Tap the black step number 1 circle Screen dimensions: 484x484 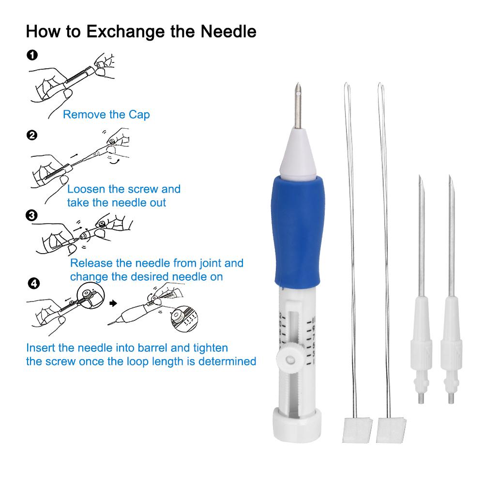[32, 55]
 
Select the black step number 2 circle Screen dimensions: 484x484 [32, 135]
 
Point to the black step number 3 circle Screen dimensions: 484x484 [31, 215]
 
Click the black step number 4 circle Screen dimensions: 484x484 [34, 283]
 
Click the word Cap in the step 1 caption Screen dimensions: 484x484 [139, 115]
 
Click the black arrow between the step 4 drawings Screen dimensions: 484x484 [113, 303]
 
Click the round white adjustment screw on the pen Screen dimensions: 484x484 [289, 359]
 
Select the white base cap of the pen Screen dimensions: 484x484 [297, 425]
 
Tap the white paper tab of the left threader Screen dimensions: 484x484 [357, 430]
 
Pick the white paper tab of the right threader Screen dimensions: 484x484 [391, 430]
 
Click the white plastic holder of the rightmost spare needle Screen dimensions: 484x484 [451, 349]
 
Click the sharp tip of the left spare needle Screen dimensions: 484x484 [420, 176]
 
